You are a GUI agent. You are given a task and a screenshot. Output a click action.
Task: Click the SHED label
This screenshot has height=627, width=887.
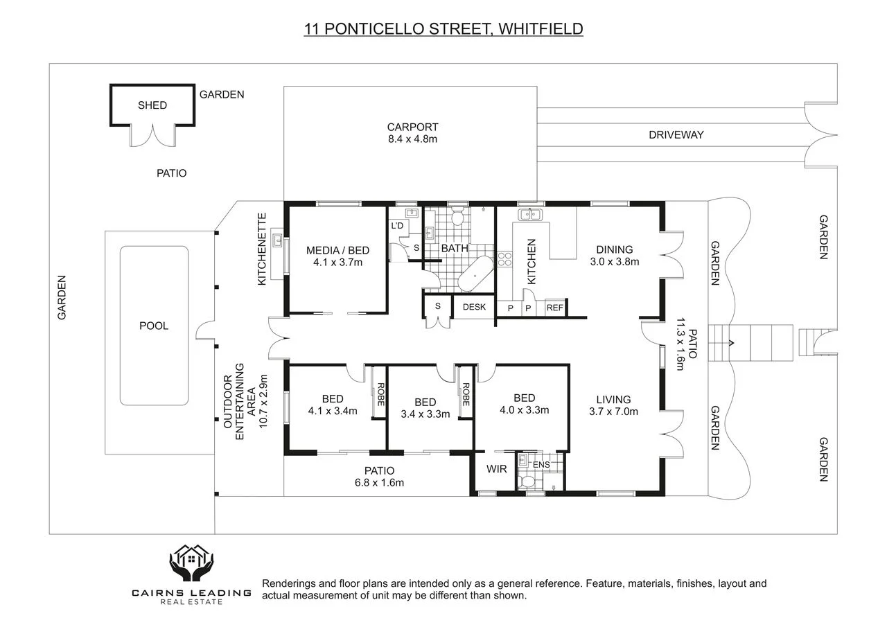[x=152, y=105]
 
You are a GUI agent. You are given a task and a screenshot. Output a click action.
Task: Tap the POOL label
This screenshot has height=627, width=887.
[x=154, y=326]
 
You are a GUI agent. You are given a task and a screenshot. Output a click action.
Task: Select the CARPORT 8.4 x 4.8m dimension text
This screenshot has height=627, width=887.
[x=412, y=139]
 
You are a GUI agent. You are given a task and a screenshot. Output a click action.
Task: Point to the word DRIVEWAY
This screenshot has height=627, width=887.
[x=676, y=135]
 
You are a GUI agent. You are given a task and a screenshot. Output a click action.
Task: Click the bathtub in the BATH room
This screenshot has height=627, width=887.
[x=475, y=274]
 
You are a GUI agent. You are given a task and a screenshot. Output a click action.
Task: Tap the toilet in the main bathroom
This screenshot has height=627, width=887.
[x=457, y=215]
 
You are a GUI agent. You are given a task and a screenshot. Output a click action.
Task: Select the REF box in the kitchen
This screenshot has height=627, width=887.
[x=555, y=308]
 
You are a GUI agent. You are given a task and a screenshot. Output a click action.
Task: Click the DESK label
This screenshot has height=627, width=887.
[x=474, y=307]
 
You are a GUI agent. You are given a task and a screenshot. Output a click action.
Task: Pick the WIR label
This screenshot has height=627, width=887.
[x=497, y=469]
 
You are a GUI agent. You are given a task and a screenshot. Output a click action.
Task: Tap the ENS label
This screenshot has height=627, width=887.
[x=541, y=465]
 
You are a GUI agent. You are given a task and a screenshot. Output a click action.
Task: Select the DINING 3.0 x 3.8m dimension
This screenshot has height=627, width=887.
[x=615, y=262]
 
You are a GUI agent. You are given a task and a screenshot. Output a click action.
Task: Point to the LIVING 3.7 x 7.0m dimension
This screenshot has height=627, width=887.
[x=613, y=412]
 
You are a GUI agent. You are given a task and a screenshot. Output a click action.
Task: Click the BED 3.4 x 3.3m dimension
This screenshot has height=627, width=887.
[x=425, y=414]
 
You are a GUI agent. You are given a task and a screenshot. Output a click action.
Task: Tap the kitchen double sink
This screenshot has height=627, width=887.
[x=530, y=215]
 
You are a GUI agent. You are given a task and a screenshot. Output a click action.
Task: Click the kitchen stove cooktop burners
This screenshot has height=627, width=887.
[x=504, y=259]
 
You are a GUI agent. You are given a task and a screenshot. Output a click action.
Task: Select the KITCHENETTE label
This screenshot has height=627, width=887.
[x=262, y=249]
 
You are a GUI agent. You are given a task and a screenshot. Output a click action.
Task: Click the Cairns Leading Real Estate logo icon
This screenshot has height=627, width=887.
[x=192, y=563]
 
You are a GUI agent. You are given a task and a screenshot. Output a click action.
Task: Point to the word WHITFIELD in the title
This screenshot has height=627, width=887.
[x=541, y=29]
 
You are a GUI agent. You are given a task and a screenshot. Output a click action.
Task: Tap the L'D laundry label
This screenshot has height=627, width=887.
[x=397, y=226]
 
